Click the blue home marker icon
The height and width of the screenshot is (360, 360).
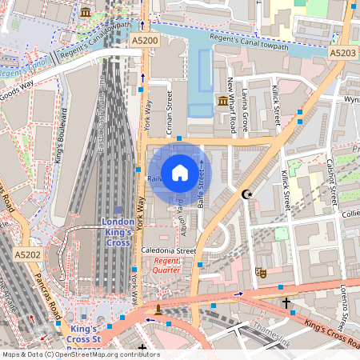[179, 171]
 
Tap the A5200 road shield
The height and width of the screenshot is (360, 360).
[145, 40]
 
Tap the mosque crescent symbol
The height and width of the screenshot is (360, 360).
[246, 194]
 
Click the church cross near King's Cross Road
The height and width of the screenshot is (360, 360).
[286, 303]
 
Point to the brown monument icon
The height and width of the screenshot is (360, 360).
[159, 309]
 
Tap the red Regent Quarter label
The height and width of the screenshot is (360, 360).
[168, 266]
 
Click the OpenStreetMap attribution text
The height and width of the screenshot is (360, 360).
[80, 354]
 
